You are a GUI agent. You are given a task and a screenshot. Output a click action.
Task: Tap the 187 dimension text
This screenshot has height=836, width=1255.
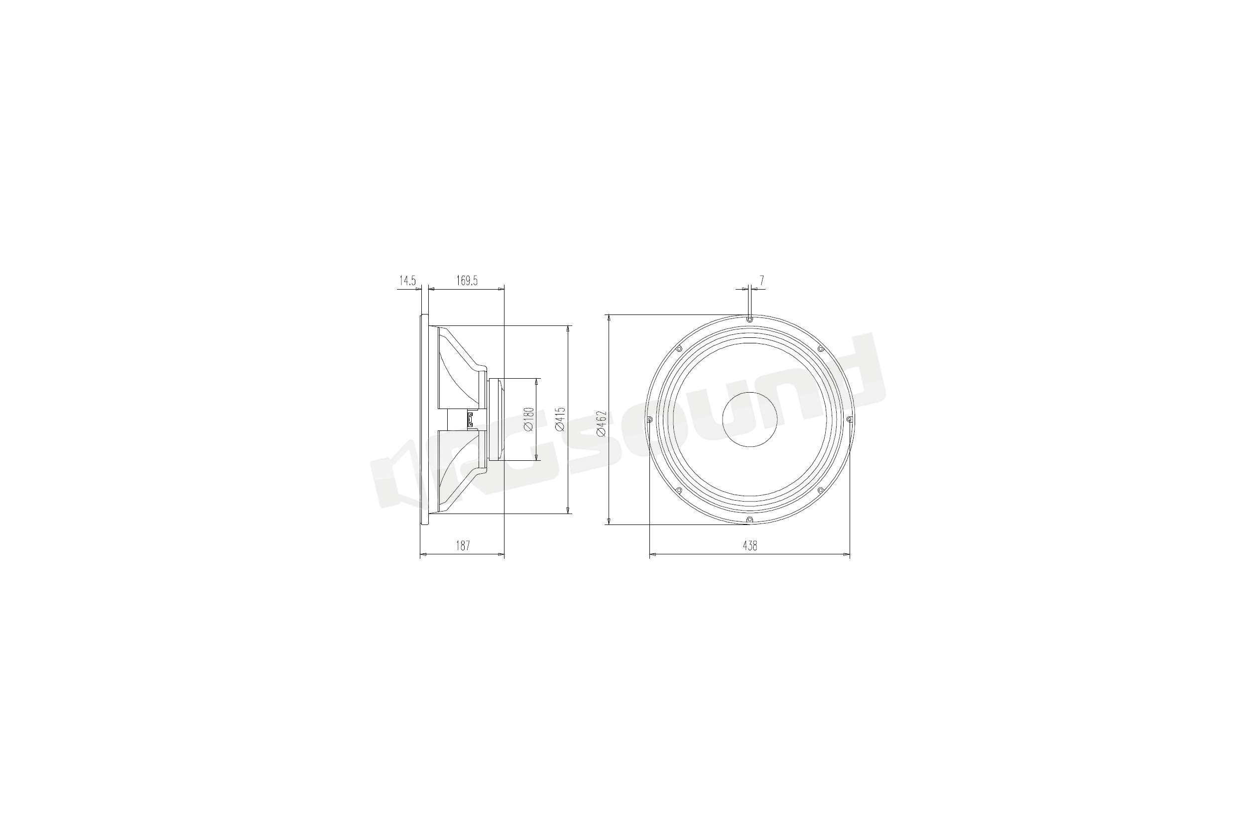coord(462,546)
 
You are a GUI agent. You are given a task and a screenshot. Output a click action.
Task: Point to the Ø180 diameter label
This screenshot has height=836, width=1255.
coord(528,419)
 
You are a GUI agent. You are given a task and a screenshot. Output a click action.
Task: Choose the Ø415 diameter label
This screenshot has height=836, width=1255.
coord(560,419)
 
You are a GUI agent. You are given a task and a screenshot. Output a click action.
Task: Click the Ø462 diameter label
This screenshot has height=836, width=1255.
coord(602,423)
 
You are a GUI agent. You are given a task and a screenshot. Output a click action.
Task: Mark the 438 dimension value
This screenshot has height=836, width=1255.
coord(750,546)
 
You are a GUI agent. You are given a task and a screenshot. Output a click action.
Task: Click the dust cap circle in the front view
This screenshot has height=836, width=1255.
coord(750,419)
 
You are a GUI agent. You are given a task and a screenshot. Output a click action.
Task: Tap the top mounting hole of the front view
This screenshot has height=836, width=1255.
coord(750,320)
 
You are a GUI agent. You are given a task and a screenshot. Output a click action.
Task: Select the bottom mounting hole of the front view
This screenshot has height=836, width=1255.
coord(749,520)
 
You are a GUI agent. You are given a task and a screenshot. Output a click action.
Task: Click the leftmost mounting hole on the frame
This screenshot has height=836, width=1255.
coord(649,419)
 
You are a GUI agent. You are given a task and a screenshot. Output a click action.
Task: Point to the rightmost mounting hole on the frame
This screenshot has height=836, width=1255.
coord(850,419)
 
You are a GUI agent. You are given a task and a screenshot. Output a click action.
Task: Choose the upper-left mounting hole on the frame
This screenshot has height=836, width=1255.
coord(679,349)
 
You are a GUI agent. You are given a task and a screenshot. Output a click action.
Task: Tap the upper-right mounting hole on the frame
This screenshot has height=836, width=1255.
coord(821,349)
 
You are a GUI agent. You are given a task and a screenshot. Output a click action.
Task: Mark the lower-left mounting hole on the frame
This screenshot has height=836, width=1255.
coord(679,490)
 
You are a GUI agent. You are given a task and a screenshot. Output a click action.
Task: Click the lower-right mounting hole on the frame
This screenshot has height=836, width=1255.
coord(821,490)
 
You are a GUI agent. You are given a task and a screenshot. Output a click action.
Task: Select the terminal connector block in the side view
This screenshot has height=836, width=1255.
coord(471,419)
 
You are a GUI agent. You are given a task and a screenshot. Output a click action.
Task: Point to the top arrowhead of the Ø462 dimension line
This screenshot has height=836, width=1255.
coord(608,318)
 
